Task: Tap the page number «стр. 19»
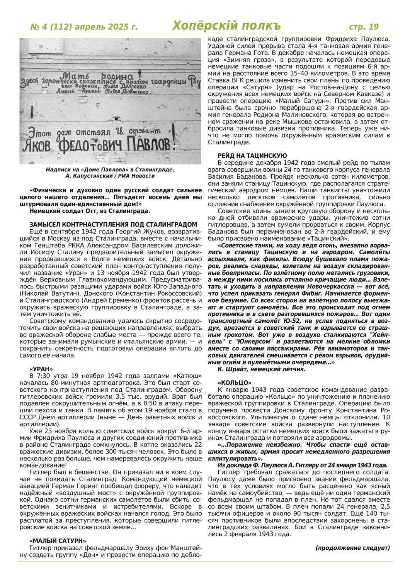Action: [363, 27]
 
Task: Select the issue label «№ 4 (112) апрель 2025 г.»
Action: [84, 27]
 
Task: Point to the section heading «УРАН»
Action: [41, 369]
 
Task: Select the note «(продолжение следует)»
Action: [352, 548]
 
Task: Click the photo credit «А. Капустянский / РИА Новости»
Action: [110, 176]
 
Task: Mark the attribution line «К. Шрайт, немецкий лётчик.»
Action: [262, 369]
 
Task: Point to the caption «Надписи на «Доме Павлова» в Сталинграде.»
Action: [110, 169]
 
